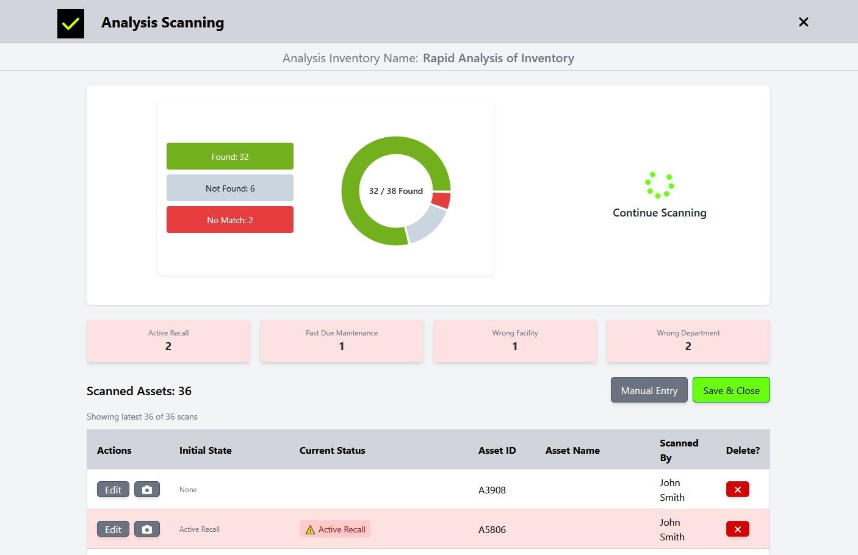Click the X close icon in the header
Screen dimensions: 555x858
pos(803,22)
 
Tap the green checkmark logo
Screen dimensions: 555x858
pos(71,24)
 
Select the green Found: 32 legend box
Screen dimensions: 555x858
pos(229,156)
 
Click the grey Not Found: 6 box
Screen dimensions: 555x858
pos(229,188)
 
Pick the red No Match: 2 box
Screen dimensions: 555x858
pos(229,220)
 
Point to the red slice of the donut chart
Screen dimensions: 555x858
pos(441,199)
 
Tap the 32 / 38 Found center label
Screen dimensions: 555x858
pos(395,191)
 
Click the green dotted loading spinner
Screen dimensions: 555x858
pos(659,185)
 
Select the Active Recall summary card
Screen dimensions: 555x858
pos(168,340)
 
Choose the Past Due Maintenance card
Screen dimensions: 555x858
pos(342,340)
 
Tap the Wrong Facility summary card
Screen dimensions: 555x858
pos(514,340)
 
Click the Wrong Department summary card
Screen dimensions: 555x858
pos(688,340)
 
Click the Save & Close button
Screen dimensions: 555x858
pos(730,390)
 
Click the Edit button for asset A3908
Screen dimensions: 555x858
pos(113,490)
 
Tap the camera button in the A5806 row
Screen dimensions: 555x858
pos(147,529)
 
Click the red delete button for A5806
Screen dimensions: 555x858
pos(737,529)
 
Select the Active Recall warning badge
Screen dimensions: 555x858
pos(335,529)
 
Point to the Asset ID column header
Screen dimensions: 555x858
pos(497,450)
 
